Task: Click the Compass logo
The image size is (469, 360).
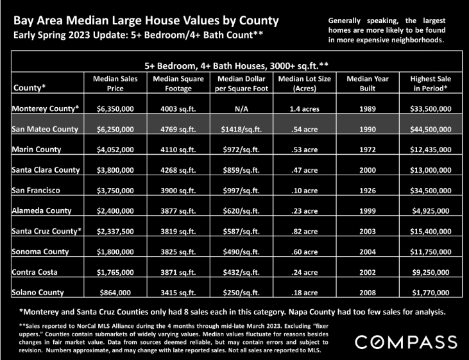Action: tap(406, 342)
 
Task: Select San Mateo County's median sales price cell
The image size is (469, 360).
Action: tap(115, 129)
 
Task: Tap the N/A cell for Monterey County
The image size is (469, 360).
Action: tap(241, 109)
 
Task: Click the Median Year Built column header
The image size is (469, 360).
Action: tap(368, 83)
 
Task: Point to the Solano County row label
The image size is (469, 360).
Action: tap(38, 293)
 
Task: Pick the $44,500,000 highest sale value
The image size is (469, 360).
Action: tap(431, 129)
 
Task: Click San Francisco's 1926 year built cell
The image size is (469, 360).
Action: tap(368, 191)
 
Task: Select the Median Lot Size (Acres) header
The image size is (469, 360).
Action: tap(305, 83)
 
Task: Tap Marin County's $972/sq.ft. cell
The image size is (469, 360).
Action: tap(241, 150)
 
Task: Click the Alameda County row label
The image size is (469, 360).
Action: tap(42, 210)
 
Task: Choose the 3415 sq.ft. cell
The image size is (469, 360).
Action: tap(178, 293)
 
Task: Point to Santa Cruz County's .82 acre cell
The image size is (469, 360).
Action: tap(305, 231)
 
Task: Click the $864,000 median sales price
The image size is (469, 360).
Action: tap(115, 293)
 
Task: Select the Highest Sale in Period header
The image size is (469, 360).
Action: tap(431, 83)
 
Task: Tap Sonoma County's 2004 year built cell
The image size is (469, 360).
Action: tap(368, 252)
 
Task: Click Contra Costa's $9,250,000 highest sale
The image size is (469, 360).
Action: tap(431, 272)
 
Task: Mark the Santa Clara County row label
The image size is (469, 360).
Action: tap(46, 170)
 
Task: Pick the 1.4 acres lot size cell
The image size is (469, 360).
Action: tap(305, 109)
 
